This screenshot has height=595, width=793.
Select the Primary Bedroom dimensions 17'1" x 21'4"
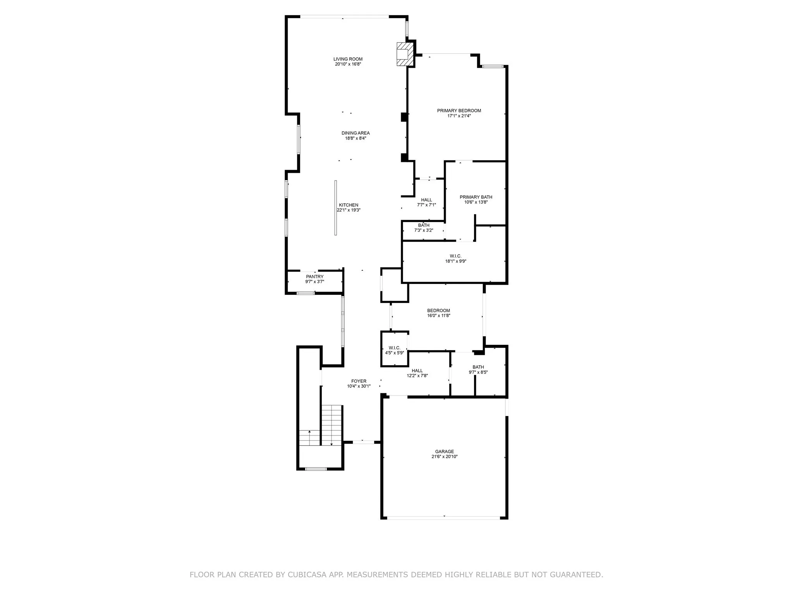click(x=459, y=116)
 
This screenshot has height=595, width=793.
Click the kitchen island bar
click(x=336, y=208)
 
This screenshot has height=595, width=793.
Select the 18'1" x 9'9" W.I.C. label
click(x=455, y=259)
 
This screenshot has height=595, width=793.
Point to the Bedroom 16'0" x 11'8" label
click(x=438, y=313)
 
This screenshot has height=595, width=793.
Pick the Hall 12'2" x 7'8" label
click(x=417, y=373)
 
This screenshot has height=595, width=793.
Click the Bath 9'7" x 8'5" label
click(x=478, y=370)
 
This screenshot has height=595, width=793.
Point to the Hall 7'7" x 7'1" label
click(x=426, y=202)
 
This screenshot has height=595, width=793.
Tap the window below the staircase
click(x=316, y=469)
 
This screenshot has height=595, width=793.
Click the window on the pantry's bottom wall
click(x=306, y=293)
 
